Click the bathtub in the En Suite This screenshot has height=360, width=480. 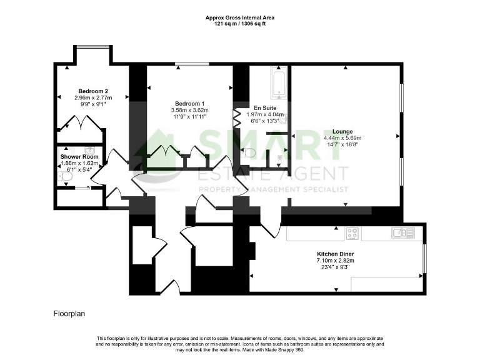278,84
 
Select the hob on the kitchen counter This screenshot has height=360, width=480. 352,233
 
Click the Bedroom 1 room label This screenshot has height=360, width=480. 189,103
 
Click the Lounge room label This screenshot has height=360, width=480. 342,131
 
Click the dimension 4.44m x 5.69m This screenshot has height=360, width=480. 342,138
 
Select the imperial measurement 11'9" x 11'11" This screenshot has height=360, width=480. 189,117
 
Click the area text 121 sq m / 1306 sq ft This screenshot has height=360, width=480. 241,23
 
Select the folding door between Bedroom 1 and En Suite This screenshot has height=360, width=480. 237,117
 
